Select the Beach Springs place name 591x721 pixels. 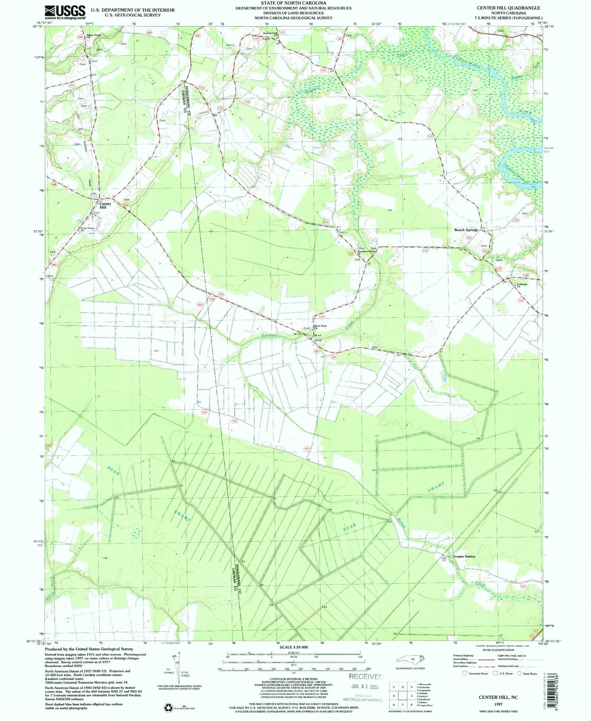(x=466, y=230)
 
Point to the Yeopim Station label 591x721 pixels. (x=464, y=557)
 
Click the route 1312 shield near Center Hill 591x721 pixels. (x=126, y=205)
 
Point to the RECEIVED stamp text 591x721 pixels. (x=366, y=676)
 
